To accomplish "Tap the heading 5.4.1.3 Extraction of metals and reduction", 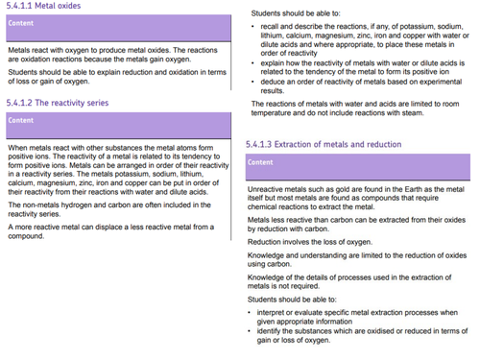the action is click(x=324, y=144).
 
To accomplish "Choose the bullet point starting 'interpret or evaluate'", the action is click(x=251, y=312).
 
